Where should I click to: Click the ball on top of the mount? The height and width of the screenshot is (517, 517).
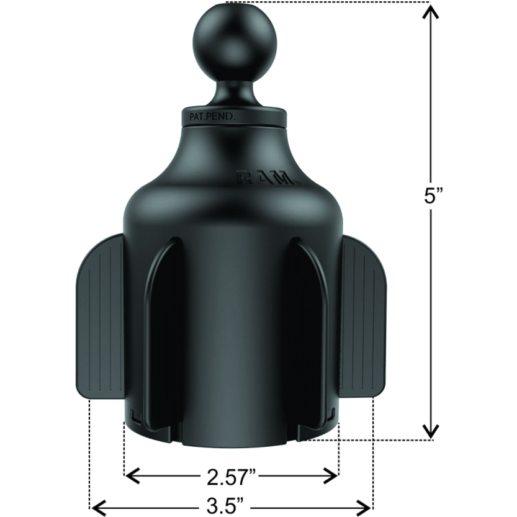pos(235,45)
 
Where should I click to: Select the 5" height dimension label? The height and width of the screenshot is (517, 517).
pos(431,197)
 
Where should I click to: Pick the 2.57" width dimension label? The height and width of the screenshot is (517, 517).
pos(232,477)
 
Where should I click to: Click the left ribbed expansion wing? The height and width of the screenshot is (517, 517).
pos(99,316)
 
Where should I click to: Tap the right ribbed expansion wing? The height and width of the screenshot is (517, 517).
pos(362,316)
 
